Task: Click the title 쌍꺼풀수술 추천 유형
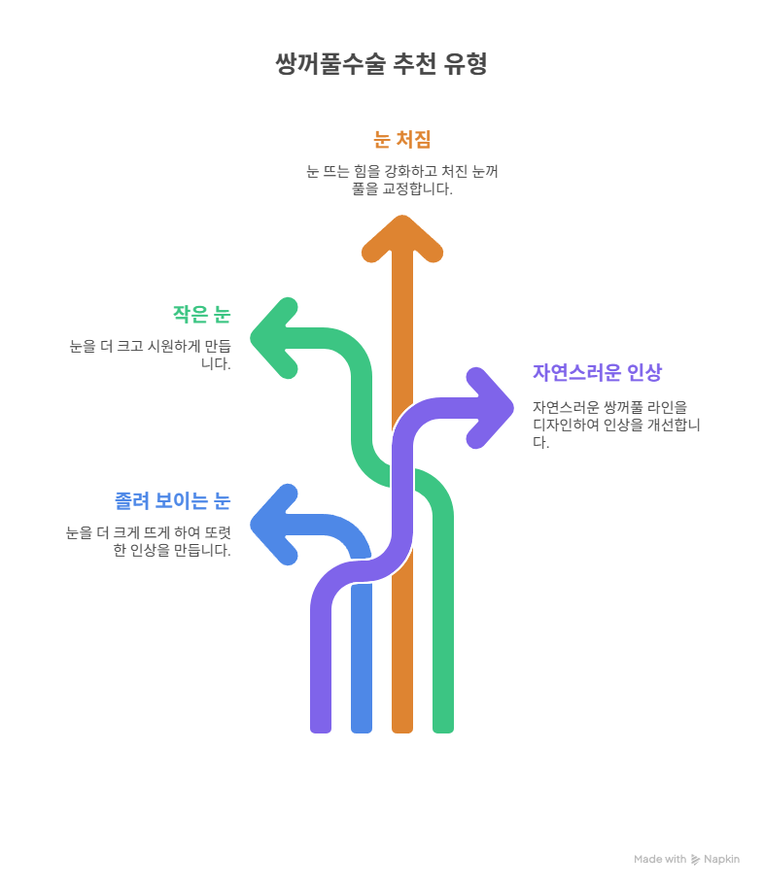(x=381, y=63)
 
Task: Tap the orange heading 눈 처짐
(x=401, y=139)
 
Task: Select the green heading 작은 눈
(x=202, y=314)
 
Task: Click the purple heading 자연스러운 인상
(x=597, y=372)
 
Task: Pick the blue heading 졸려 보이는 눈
(x=172, y=500)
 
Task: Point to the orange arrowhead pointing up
(x=401, y=238)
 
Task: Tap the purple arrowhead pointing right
(x=491, y=408)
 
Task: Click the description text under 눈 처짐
(x=401, y=180)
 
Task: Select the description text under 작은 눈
(x=150, y=355)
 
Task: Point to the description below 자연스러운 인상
(x=616, y=425)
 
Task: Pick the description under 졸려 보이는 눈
(x=148, y=541)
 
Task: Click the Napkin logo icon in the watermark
(x=695, y=860)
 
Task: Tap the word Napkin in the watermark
(x=722, y=859)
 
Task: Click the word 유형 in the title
(x=466, y=63)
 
